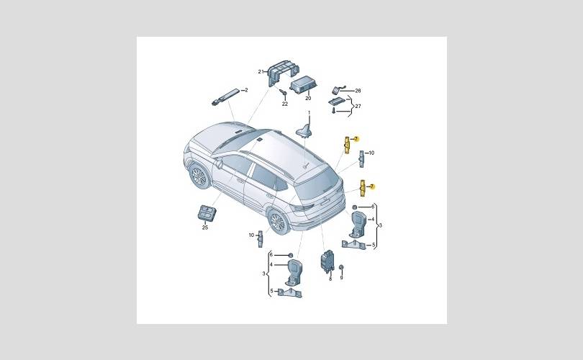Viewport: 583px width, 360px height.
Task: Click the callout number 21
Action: pos(261,72)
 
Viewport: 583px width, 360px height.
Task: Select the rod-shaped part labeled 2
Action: pos(225,96)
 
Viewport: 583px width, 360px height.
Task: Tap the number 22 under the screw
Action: pos(285,104)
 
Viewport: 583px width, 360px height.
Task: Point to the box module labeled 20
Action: pos(302,86)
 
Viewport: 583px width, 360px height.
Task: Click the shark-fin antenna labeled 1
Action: pos(304,131)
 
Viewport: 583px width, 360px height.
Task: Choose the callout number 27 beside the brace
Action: pos(358,107)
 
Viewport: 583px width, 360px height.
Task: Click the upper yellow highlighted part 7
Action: pos(347,145)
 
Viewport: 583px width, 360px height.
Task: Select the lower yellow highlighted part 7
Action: pos(363,189)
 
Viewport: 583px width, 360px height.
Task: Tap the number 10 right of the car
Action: pos(371,153)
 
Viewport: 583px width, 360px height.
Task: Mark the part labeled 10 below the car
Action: pos(261,238)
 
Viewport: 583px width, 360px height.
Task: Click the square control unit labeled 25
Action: pos(208,213)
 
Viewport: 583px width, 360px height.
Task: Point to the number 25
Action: pos(205,228)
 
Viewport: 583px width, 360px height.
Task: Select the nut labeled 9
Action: pos(341,268)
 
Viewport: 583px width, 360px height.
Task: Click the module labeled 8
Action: pos(327,261)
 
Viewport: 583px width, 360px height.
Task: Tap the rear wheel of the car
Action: pos(278,222)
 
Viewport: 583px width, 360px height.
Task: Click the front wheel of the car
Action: pos(198,176)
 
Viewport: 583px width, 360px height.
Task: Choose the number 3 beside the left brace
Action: pos(263,274)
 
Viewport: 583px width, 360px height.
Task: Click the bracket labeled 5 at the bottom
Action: pos(290,293)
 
